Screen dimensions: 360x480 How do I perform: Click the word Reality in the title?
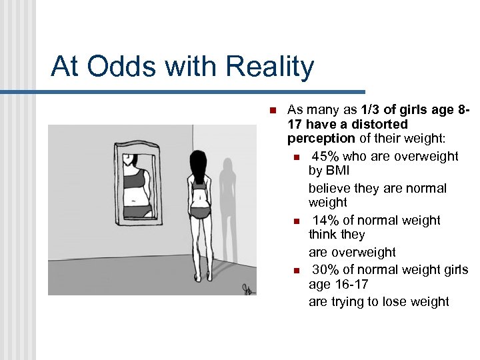tap(270, 67)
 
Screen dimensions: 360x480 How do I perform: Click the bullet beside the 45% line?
tap(297, 157)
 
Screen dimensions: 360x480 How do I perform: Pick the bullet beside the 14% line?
tap(297, 221)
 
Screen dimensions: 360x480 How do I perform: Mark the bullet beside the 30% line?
tap(297, 271)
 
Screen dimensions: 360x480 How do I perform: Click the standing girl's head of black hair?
tap(198, 163)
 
